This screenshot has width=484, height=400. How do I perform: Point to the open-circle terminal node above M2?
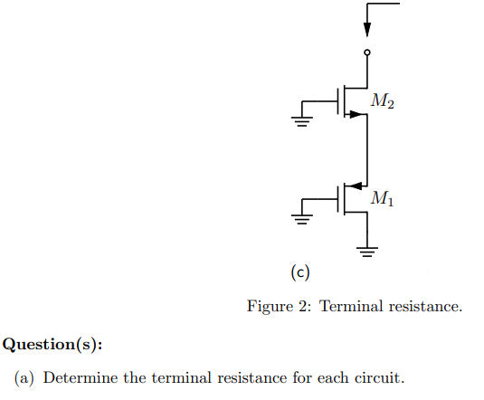point(366,53)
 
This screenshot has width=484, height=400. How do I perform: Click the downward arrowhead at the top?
point(366,29)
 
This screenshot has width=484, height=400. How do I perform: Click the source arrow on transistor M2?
point(356,114)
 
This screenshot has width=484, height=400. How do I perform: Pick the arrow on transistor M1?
point(357,185)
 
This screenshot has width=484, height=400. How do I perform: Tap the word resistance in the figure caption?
point(425,307)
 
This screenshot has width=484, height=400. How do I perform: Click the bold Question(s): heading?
point(52,344)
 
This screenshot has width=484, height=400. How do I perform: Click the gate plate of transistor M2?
point(339,101)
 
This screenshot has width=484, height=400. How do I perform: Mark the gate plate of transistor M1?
point(339,197)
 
